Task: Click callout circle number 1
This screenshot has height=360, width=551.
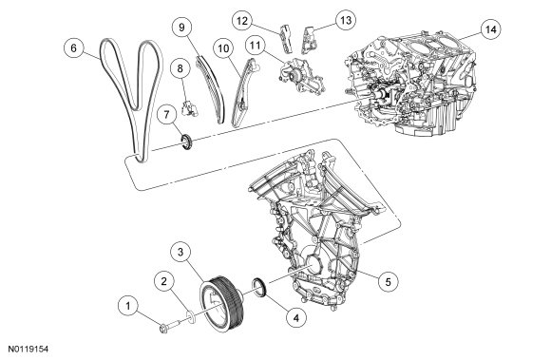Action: point(128,306)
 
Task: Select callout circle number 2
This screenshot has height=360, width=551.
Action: point(163,281)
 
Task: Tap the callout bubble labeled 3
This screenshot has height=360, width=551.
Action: point(180,252)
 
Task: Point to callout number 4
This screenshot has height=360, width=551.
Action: point(296,318)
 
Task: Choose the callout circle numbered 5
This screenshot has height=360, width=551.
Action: point(388,282)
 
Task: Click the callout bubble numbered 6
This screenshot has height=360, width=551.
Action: point(73,47)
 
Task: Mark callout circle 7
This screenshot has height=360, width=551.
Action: point(166,115)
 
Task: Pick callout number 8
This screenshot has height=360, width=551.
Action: point(180,68)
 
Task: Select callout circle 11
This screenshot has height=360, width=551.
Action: point(256,46)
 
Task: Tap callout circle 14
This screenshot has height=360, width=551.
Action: point(490,29)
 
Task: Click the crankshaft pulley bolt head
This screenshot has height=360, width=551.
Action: point(163,329)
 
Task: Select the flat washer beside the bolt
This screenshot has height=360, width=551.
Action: point(192,317)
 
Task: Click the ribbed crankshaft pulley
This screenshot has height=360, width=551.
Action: point(222,304)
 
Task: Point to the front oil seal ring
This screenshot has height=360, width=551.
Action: point(260,287)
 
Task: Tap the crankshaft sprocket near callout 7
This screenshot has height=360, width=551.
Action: point(186,142)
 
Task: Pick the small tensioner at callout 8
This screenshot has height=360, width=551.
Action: point(189,107)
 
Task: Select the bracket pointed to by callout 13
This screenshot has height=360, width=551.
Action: point(309,40)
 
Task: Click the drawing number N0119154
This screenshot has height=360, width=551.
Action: point(28,350)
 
